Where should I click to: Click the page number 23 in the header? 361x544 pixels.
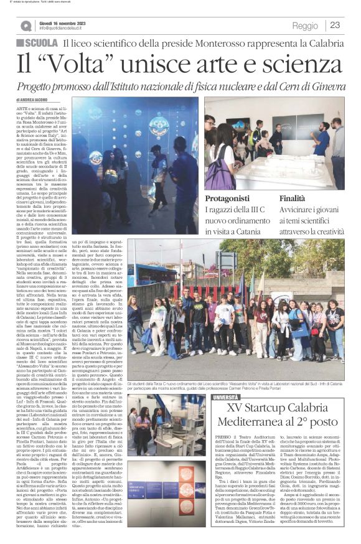pyautogui.click(x=334, y=26)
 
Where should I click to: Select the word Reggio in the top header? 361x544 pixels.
pyautogui.click(x=304, y=26)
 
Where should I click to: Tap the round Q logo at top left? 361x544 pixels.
pyautogui.click(x=26, y=26)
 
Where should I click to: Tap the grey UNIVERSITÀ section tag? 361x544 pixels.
pyautogui.click(x=243, y=379)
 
